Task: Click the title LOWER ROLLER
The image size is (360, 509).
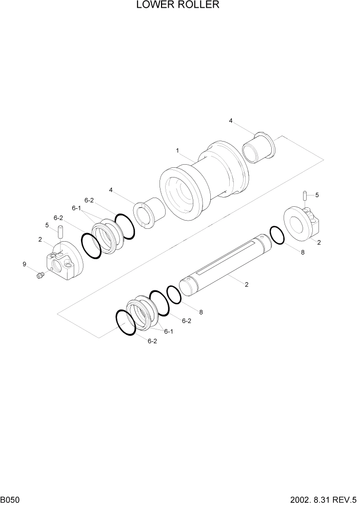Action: click(178, 5)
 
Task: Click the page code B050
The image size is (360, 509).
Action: click(10, 500)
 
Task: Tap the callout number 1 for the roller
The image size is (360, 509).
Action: click(177, 151)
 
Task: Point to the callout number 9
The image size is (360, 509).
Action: click(24, 264)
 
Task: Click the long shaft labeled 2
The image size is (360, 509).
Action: click(225, 264)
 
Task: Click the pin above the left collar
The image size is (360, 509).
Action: click(60, 232)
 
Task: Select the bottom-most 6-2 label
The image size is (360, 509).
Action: click(152, 341)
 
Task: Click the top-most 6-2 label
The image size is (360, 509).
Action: click(89, 200)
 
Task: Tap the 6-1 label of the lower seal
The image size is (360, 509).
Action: click(169, 331)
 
